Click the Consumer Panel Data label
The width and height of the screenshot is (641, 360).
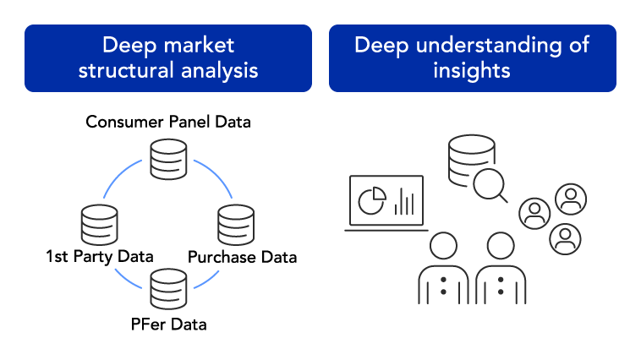[168, 122]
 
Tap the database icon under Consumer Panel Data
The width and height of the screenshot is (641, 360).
[167, 159]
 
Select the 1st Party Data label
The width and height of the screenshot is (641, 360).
[100, 256]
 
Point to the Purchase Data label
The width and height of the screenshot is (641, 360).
[242, 256]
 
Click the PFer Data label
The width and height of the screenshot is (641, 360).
[167, 324]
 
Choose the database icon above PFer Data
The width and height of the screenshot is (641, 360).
[167, 287]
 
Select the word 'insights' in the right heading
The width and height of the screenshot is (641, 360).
[472, 70]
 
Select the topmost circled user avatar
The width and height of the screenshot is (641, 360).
[570, 199]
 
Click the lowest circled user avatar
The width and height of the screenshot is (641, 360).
[564, 238]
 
